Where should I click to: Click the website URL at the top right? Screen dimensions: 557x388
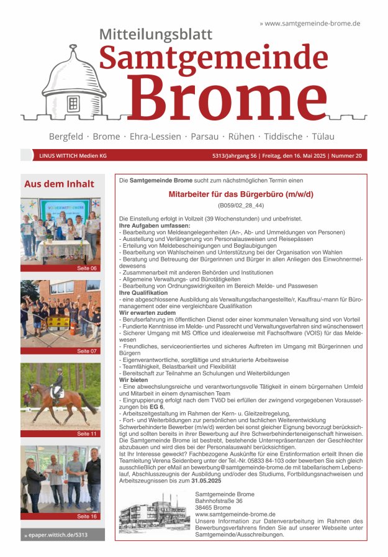coord(310,23)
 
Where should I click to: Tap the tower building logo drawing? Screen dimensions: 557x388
coord(74,87)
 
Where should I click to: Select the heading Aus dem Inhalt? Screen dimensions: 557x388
coord(59,184)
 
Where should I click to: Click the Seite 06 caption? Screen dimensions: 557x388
coord(87,268)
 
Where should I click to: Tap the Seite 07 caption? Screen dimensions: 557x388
coord(87,351)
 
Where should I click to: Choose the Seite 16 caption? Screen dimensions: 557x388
coord(87,516)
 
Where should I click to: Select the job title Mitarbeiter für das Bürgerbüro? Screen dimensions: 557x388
coord(241,194)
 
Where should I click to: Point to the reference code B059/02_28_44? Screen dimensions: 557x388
coord(241,205)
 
